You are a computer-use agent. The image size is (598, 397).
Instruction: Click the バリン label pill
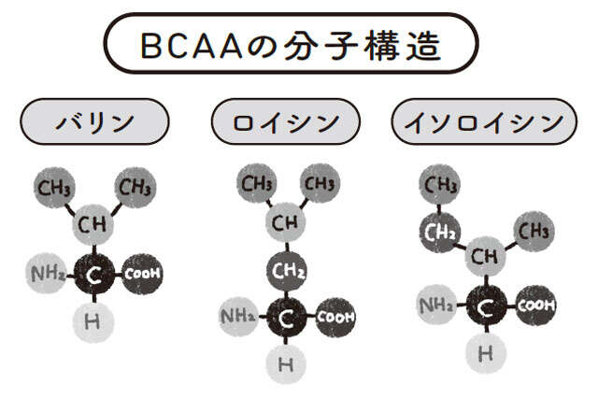pos(94,121)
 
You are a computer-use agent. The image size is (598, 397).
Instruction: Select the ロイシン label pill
pos(287,121)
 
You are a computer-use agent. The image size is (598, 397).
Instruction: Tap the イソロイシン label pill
pos(483,121)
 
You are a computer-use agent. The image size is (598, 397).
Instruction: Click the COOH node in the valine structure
pos(143,273)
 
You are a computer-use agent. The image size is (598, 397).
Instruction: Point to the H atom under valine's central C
pos(93,321)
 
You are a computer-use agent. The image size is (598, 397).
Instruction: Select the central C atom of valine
pos(93,274)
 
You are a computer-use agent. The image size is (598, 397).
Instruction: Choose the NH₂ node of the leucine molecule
pos(238,317)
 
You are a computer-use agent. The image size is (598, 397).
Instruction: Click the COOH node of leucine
pos(335,317)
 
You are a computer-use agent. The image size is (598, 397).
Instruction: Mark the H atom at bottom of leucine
pos(286,363)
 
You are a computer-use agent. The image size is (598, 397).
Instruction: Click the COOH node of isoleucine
pos(535,305)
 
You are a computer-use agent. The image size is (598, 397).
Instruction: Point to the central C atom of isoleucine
pos(486,305)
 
